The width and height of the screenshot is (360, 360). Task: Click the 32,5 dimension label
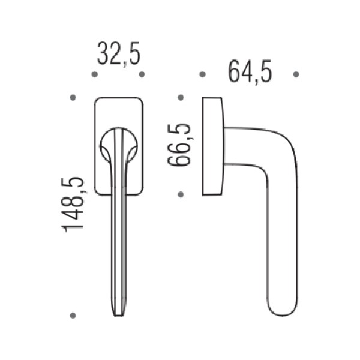[x=118, y=54]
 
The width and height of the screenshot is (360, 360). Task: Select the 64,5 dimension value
[x=250, y=72]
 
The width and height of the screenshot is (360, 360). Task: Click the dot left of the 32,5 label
[x=94, y=74]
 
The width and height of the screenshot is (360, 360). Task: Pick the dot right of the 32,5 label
[x=142, y=74]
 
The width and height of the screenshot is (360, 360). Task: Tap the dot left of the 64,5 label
[x=202, y=74]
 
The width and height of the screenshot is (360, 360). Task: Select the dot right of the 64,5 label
[x=296, y=74]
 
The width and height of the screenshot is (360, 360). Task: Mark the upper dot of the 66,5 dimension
[x=181, y=98]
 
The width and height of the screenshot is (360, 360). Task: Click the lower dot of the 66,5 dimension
[x=181, y=194]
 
